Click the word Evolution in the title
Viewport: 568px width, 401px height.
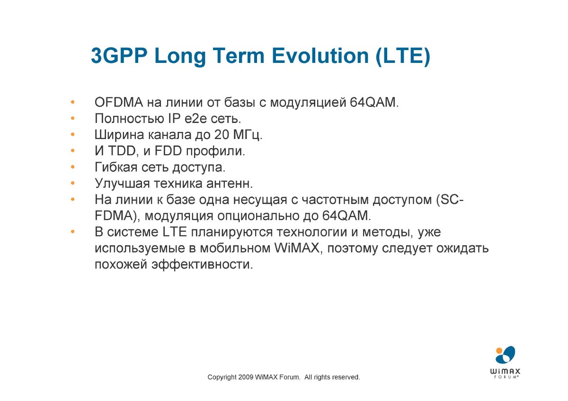320,56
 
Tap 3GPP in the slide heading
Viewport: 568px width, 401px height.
119,56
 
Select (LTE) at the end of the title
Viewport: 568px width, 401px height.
403,56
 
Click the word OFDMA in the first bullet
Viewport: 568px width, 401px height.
119,102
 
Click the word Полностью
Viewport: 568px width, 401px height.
129,119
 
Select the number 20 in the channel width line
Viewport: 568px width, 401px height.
222,135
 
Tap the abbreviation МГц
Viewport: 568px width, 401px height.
247,135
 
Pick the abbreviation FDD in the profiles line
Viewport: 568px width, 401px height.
168,151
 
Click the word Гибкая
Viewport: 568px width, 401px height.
116,167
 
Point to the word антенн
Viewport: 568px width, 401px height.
229,184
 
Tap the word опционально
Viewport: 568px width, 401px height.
258,216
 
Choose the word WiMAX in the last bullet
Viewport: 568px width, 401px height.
297,248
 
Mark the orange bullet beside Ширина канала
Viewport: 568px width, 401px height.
73,134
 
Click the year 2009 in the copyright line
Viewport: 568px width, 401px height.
246,377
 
